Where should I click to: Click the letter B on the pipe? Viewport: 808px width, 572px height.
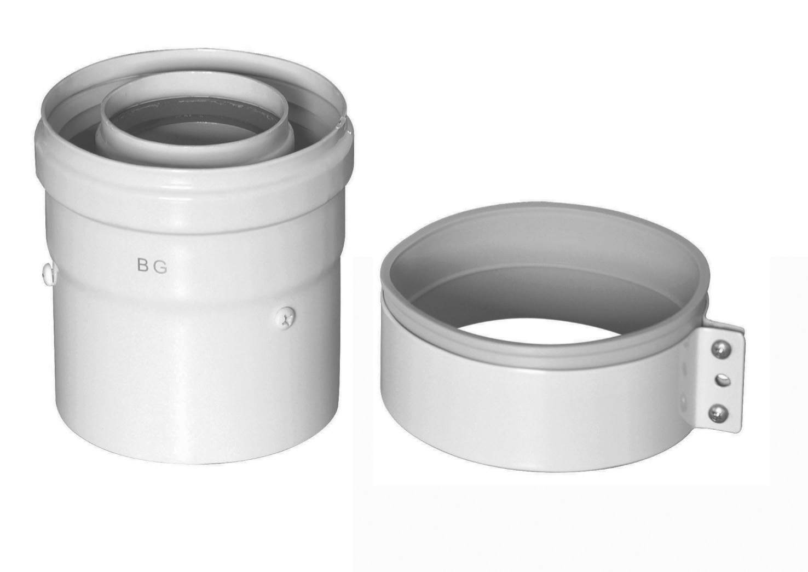coord(142,266)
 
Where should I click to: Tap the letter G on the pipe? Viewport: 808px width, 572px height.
coord(161,266)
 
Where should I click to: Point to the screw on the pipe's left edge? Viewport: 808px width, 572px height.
coord(47,271)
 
